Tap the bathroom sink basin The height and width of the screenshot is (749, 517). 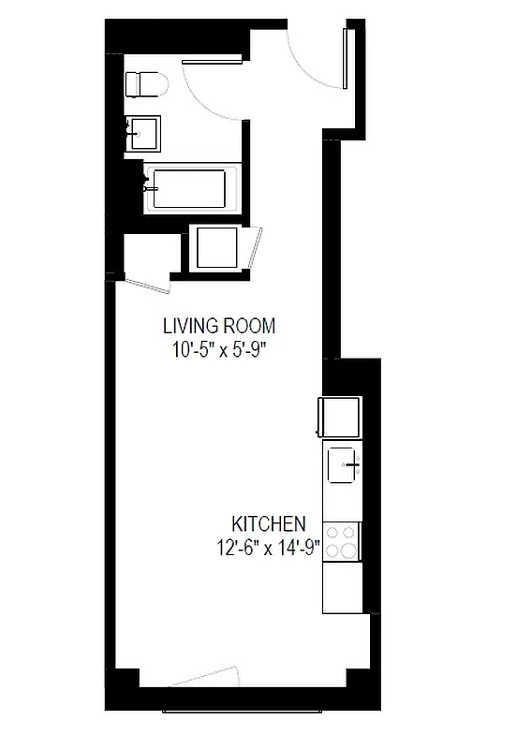tap(143, 132)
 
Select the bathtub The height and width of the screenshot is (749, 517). tap(187, 190)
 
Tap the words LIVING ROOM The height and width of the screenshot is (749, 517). tap(219, 327)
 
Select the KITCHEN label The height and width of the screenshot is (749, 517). tap(269, 523)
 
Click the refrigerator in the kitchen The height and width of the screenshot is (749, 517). tap(341, 418)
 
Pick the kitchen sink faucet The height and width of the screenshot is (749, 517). tap(354, 463)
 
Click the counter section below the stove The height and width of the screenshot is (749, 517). tap(342, 586)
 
